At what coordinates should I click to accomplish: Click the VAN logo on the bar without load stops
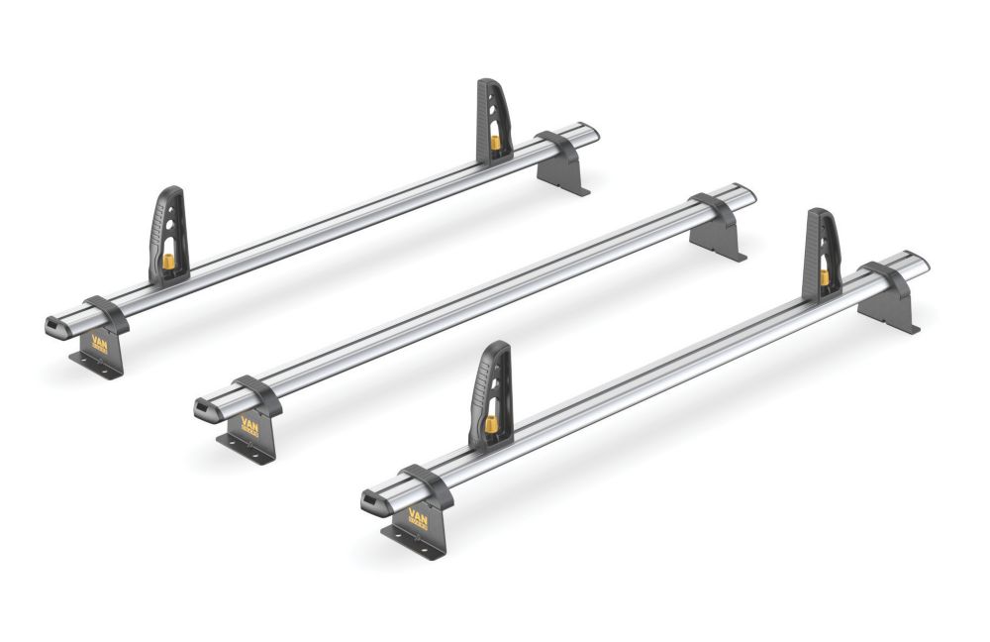(x=248, y=426)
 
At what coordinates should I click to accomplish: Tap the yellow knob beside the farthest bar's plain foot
(x=495, y=142)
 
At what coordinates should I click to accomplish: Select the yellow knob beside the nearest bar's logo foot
(x=489, y=425)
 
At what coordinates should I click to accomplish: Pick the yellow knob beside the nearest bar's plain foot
(x=824, y=276)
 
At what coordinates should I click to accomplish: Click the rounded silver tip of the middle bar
(x=747, y=192)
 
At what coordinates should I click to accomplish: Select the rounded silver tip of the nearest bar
(x=920, y=262)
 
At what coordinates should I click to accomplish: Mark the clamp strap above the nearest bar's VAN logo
(x=428, y=484)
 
